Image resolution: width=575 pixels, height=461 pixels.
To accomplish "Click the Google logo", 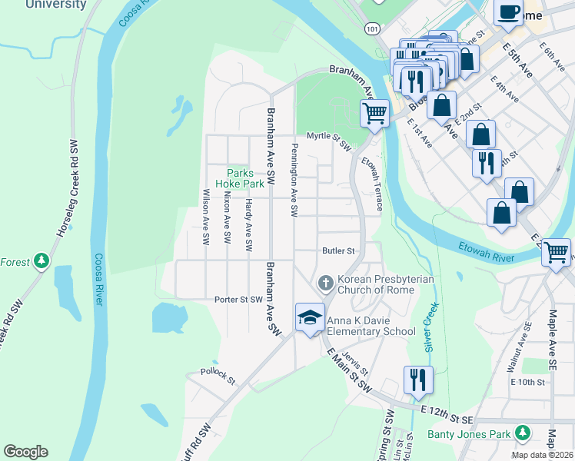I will [x=25, y=452].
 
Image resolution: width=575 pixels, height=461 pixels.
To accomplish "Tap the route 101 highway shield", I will [x=372, y=28].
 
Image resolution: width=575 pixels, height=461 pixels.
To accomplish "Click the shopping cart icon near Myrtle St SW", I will [x=374, y=113].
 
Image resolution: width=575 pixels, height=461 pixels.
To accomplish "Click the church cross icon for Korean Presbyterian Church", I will [x=325, y=284].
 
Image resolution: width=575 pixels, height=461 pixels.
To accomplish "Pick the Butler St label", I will [x=338, y=250].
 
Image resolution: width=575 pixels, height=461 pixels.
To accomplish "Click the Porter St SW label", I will [x=239, y=300].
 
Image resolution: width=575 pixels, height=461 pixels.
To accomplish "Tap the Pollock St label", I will [x=218, y=374].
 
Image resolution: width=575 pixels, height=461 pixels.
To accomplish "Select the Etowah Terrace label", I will [x=373, y=184].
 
